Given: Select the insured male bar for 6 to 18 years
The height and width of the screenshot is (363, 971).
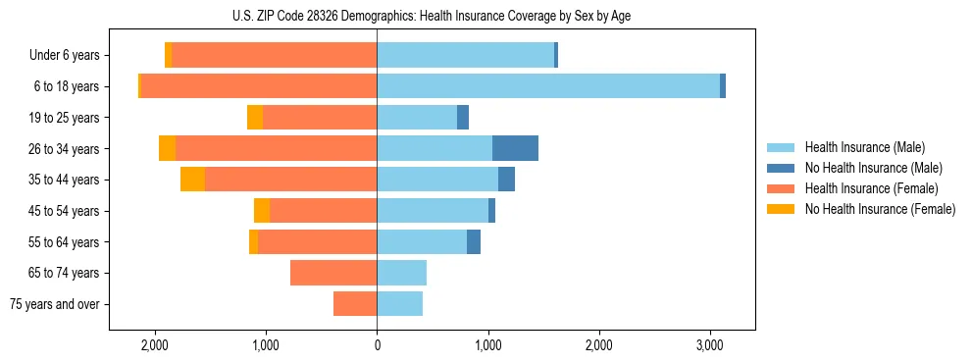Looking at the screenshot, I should (548, 86).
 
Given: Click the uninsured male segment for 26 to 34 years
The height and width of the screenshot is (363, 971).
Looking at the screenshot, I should (515, 148).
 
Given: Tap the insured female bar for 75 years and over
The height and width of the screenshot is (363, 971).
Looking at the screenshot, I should (355, 304).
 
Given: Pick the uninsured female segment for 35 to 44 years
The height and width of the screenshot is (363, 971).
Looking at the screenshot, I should (192, 180).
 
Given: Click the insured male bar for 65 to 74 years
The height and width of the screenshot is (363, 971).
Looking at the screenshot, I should (401, 273).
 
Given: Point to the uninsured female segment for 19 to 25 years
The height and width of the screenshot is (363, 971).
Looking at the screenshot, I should (255, 118).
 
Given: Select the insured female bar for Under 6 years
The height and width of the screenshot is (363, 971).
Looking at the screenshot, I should (275, 55).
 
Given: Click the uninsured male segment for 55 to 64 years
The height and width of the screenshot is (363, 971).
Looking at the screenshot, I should (474, 241).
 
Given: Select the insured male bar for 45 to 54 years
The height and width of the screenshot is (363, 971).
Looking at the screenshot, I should (433, 211).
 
